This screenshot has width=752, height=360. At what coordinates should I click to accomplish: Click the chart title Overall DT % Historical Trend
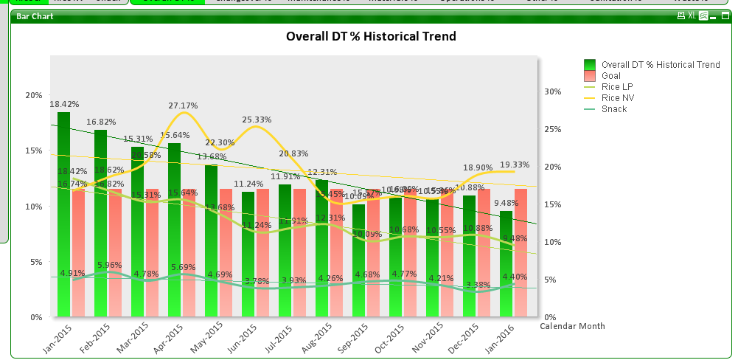tap(371, 36)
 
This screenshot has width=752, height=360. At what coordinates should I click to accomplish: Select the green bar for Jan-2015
tap(64, 221)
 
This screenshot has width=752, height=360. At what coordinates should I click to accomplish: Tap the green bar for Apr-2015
tap(175, 236)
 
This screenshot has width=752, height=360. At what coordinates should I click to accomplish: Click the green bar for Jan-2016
tap(506, 266)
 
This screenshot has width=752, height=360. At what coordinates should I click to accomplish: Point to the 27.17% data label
tap(183, 105)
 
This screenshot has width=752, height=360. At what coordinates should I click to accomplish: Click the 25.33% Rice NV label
tap(257, 120)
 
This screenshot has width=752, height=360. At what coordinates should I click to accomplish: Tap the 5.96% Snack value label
tap(109, 265)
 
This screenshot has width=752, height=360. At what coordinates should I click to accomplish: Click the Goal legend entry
tap(610, 76)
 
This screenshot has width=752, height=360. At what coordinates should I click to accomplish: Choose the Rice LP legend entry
tap(617, 87)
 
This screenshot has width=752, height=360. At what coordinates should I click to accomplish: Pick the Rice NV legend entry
tap(617, 98)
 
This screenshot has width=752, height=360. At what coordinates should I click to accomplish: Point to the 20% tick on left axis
tap(34, 95)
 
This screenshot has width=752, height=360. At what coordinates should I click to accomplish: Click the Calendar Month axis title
tap(572, 326)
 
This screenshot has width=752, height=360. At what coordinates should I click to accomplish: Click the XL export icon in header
tap(692, 15)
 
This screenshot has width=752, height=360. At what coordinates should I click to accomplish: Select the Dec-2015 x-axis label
tap(462, 337)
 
